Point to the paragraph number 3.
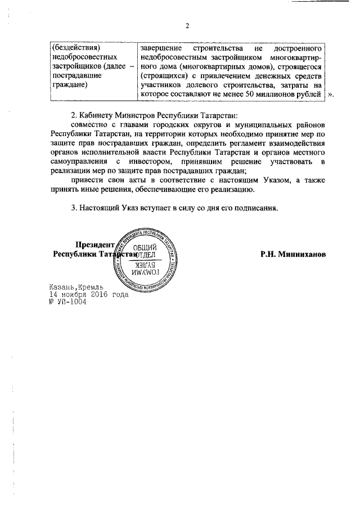coord(74,208)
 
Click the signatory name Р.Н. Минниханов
coord(292,254)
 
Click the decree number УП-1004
coord(71,301)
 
